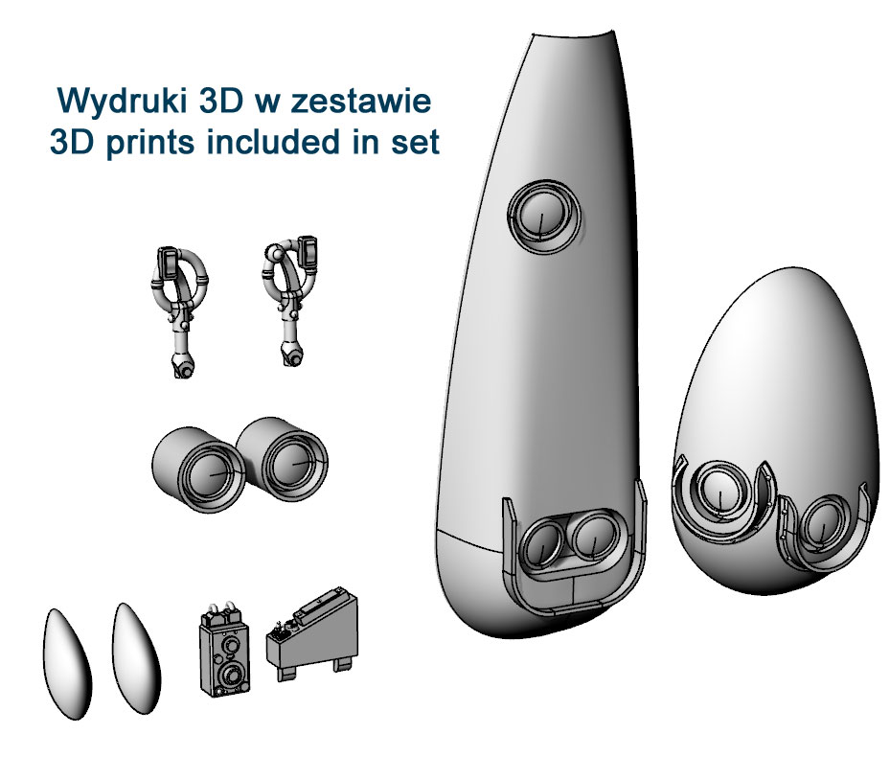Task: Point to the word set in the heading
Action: [x=415, y=143]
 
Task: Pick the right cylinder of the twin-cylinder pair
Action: [x=282, y=459]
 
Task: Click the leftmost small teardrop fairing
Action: [x=66, y=664]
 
